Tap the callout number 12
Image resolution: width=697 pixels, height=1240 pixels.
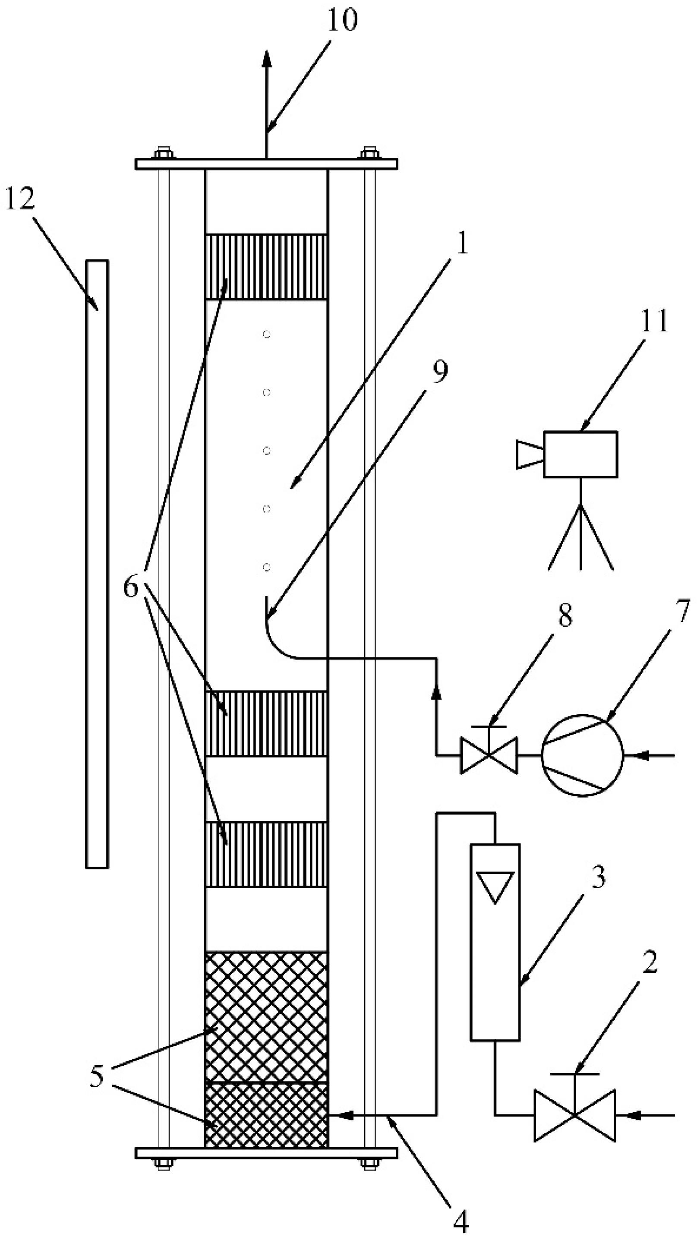(20, 199)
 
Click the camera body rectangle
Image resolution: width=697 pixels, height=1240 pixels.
(580, 454)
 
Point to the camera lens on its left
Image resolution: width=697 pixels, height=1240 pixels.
(530, 454)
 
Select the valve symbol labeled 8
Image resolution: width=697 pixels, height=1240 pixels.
(489, 756)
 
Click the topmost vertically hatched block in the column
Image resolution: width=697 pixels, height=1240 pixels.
(266, 267)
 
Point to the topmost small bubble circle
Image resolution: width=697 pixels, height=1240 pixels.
(266, 334)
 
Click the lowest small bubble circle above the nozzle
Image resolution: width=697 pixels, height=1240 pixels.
(266, 568)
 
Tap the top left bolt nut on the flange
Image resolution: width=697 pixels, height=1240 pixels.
(163, 154)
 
